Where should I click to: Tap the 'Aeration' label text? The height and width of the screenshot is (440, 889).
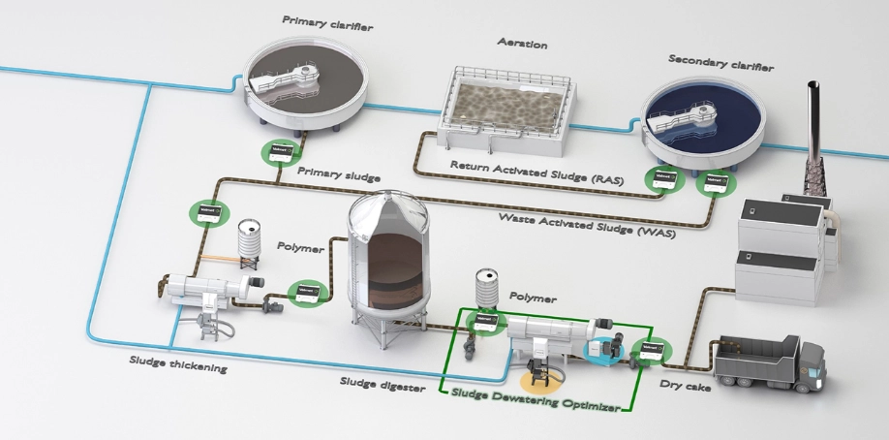521,45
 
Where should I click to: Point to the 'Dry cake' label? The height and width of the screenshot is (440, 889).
683,384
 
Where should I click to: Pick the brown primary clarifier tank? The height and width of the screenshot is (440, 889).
302,83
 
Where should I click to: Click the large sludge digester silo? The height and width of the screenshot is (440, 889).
387,262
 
